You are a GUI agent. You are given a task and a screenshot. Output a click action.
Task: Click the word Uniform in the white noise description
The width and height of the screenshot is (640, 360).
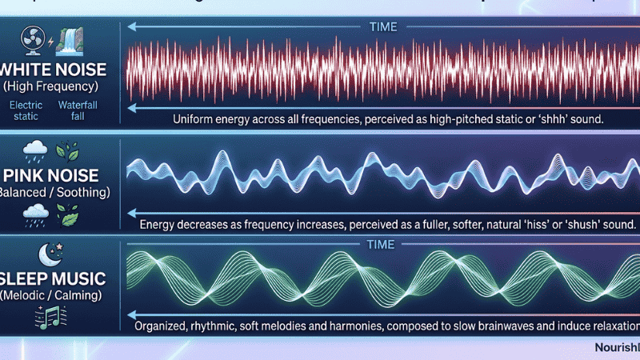[x=195, y=118]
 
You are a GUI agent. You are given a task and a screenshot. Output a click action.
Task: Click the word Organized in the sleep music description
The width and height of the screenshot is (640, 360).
[x=168, y=328]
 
